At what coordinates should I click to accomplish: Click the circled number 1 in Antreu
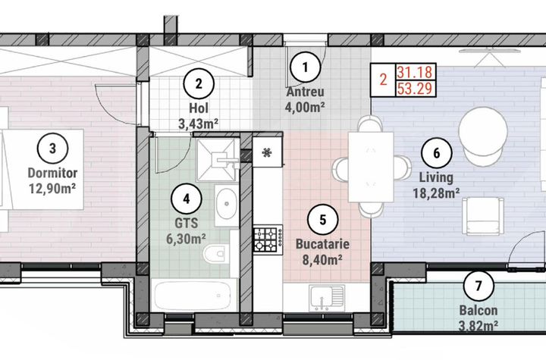click(x=306, y=67)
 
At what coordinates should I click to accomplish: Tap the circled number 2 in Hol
click(x=199, y=84)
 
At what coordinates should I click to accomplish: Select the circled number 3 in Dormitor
click(x=52, y=148)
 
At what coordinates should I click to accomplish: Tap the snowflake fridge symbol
click(x=266, y=152)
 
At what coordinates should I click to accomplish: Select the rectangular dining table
click(x=370, y=167)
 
